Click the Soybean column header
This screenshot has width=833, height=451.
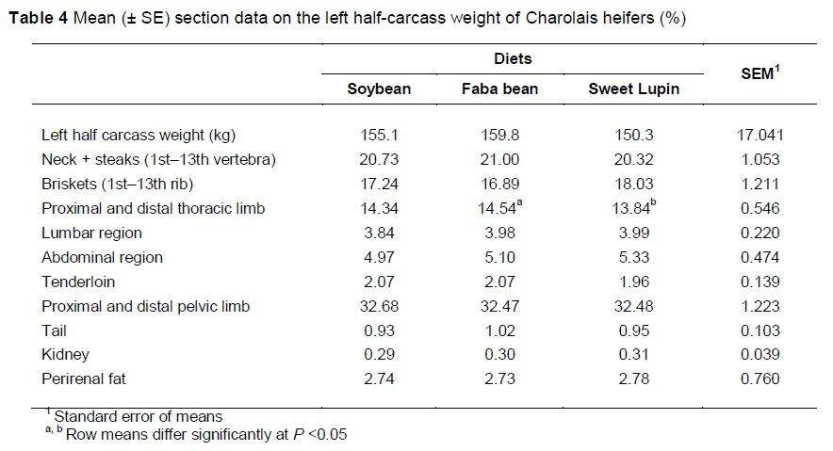pos(380,89)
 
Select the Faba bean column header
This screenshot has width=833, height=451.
pos(499,89)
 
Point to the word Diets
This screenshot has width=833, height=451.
pos(513,58)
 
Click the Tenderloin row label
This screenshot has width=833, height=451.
pos(74,282)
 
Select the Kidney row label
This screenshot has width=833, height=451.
pos(66,355)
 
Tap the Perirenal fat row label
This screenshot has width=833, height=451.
pos(83,379)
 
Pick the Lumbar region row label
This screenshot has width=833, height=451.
pos(90,233)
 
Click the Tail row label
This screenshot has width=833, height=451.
pos(54,330)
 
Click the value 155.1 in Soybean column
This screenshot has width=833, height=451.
pos(380,135)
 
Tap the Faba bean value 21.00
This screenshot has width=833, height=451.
pos(499,159)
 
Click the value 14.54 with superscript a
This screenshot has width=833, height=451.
pos(499,208)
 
